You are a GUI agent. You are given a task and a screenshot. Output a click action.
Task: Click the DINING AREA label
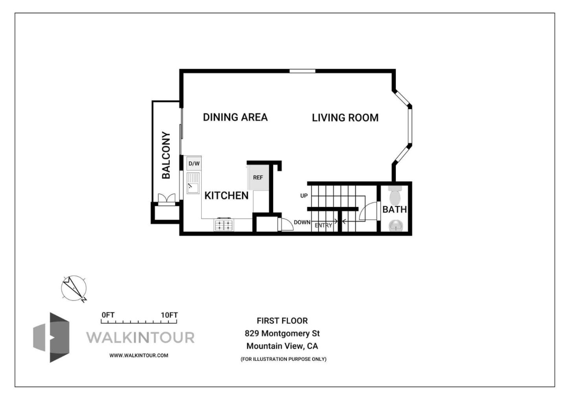tap(235, 117)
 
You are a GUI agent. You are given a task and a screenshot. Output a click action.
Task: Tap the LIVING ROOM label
tap(345, 117)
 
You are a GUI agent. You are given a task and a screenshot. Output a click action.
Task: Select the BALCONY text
tap(166, 155)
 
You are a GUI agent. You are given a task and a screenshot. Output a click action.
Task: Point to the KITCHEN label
tap(226, 195)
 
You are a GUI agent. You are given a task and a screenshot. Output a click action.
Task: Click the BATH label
tap(395, 209)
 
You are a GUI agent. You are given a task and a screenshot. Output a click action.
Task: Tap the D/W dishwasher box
tap(194, 163)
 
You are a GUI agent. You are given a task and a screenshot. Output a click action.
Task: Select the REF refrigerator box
tap(258, 178)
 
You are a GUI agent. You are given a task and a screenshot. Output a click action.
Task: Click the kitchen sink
tap(193, 184)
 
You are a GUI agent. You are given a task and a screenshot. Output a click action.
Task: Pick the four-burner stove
tap(223, 225)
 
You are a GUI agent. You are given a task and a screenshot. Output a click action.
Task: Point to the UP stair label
tap(304, 196)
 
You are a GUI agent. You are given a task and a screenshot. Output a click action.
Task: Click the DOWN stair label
tap(302, 222)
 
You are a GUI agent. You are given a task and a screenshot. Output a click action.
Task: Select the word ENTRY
tap(323, 226)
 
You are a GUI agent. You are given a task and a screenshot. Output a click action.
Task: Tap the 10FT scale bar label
tap(169, 315)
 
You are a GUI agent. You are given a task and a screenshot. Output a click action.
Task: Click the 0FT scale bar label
tap(108, 315)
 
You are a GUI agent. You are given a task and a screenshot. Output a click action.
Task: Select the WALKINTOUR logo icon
tap(51, 337)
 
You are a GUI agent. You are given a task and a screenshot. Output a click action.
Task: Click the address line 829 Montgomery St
tap(282, 334)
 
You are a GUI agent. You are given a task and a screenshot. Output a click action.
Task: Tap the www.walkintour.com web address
tap(139, 355)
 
